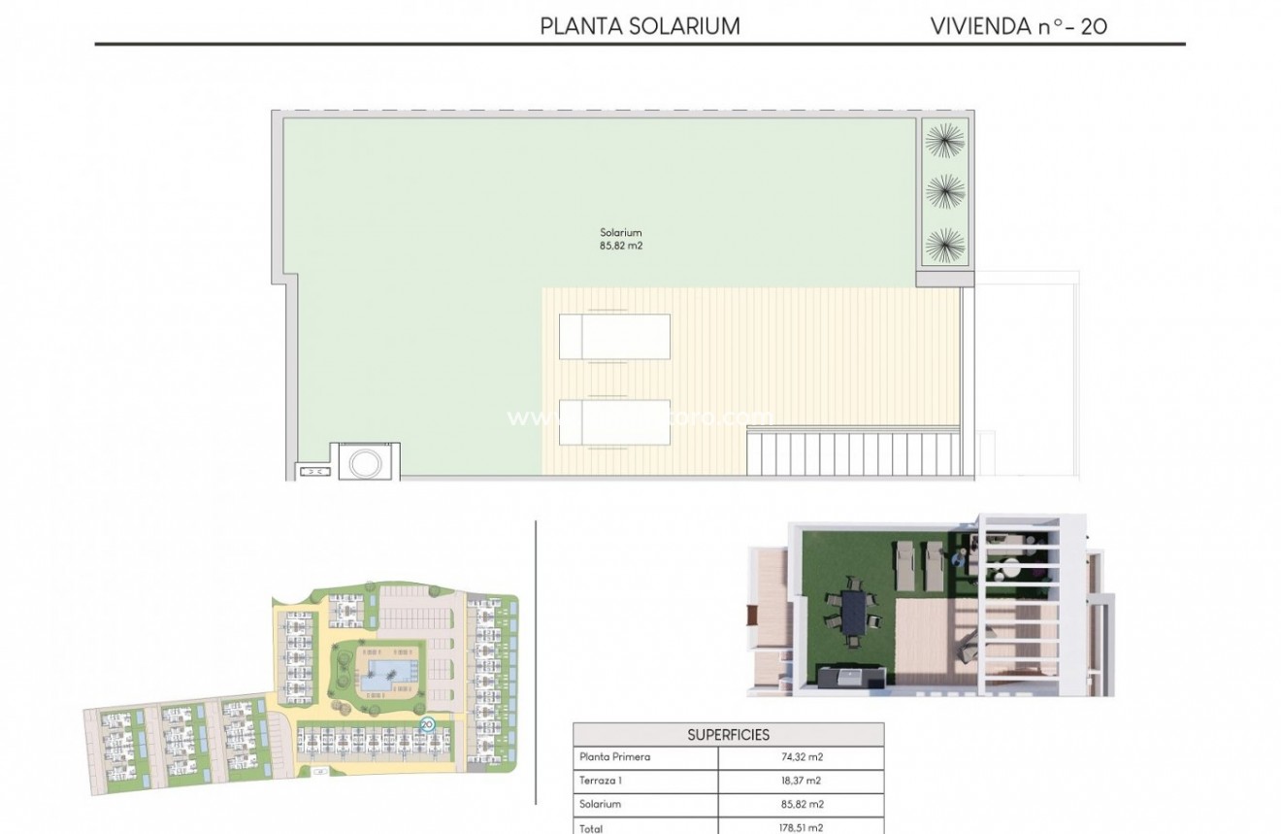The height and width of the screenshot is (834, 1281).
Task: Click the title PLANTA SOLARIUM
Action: coord(640,26)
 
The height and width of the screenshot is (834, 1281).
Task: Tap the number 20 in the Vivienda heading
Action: coord(1093,26)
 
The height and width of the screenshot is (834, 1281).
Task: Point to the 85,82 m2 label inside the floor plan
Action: coord(621,247)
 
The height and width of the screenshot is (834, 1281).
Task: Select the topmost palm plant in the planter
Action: coord(944,142)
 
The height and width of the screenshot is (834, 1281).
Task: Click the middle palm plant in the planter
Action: coord(944,191)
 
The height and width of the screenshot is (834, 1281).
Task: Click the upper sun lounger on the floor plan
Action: coord(614,337)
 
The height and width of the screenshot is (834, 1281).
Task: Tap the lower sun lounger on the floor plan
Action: coord(614,421)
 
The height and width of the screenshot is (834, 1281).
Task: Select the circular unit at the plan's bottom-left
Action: coord(365,462)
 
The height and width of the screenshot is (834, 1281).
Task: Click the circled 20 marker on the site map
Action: coord(426,723)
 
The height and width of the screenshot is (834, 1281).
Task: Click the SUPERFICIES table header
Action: coord(728,735)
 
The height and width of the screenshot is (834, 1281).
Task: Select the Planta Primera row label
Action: coord(614,757)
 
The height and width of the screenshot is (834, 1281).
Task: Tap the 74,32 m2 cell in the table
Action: coord(801,757)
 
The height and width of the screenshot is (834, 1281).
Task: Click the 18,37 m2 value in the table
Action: coord(801,781)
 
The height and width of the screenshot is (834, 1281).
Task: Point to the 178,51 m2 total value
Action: coord(801,827)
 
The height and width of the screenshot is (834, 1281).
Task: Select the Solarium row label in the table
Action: coord(600,804)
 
